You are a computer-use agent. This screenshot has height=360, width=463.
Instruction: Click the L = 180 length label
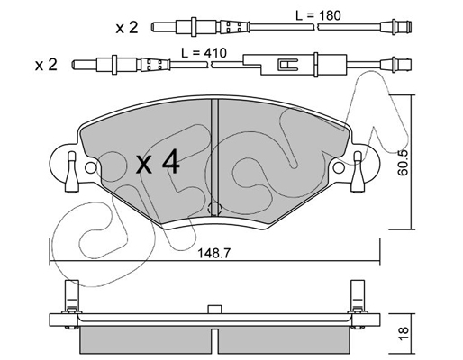[318, 15]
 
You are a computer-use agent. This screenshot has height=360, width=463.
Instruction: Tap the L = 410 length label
[204, 53]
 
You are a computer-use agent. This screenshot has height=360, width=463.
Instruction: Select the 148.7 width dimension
[213, 254]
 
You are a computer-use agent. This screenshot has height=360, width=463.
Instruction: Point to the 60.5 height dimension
[404, 162]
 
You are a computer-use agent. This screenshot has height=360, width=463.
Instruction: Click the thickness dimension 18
[404, 333]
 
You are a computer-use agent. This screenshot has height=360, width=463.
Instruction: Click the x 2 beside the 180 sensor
[127, 28]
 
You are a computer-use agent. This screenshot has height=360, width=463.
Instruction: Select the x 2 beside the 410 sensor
[46, 65]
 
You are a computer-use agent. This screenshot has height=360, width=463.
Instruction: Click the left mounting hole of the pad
[91, 167]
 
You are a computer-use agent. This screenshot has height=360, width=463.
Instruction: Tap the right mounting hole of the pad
[339, 167]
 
